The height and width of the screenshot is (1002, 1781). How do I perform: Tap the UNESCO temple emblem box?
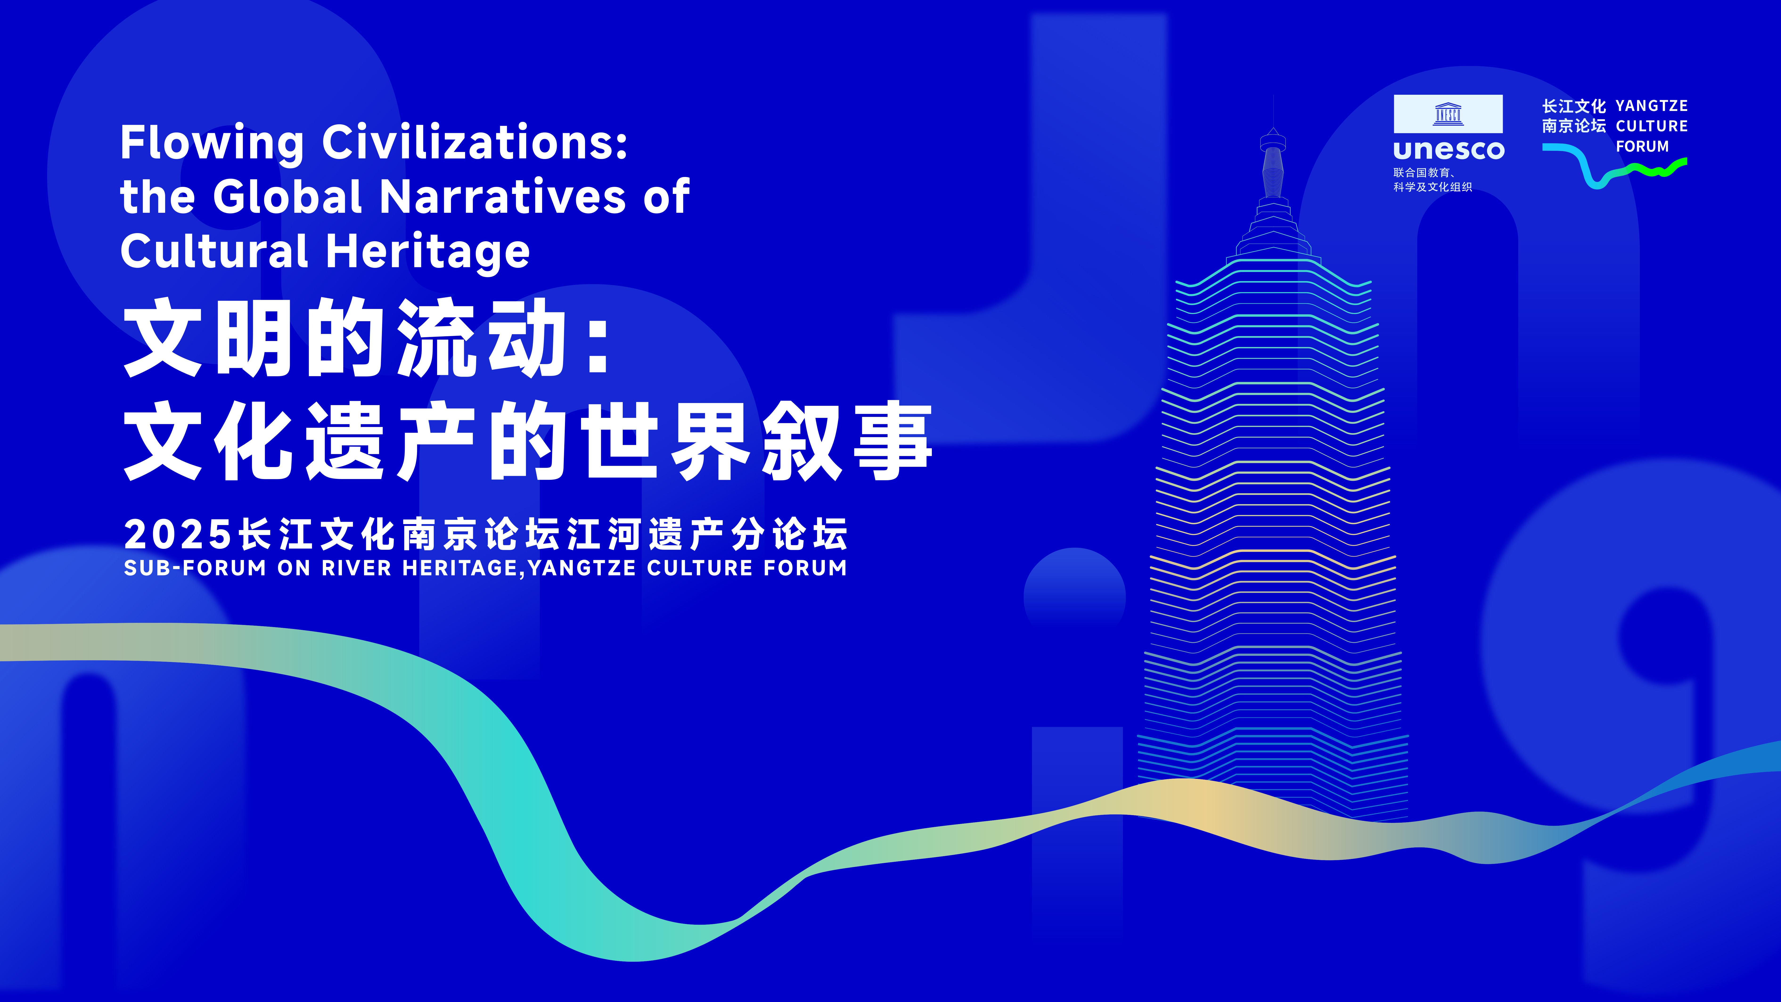[1448, 113]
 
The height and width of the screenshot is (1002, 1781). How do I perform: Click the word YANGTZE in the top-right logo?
[1652, 106]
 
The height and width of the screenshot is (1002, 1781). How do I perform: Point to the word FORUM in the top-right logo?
[1642, 147]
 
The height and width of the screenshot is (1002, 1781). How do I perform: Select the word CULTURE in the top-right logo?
[1652, 126]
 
